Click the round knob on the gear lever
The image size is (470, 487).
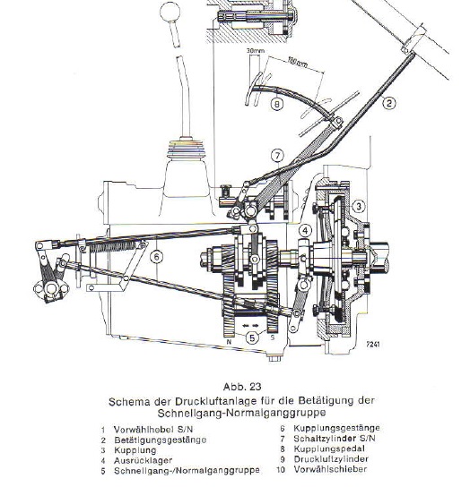[x=170, y=12]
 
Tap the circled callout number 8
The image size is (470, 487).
[x=277, y=104]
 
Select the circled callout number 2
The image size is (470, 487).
[x=389, y=102]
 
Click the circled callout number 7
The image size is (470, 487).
[x=277, y=155]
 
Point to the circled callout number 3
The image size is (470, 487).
[x=359, y=206]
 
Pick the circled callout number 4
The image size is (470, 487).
[x=305, y=231]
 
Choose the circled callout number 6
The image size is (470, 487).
[x=156, y=257]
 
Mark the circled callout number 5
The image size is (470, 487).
[x=252, y=337]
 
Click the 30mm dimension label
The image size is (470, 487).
[x=256, y=50]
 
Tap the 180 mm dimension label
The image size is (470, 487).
[x=298, y=62]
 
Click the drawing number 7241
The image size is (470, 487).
[x=373, y=345]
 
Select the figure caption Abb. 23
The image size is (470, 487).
[x=242, y=387]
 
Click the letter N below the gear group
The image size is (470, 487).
[x=229, y=342]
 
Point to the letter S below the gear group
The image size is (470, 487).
[x=273, y=337]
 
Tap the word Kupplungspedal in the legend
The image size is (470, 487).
[x=329, y=449]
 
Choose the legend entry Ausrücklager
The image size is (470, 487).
[x=143, y=461]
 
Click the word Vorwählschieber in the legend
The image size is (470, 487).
[x=330, y=469]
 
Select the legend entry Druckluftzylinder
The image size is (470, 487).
[x=331, y=459]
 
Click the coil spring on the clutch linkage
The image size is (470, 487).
[x=112, y=246]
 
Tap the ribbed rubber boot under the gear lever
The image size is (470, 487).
[x=187, y=150]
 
